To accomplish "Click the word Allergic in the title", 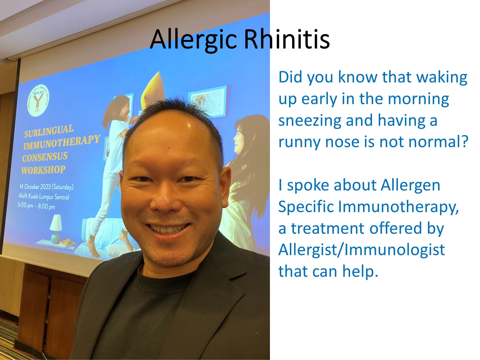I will point(194,39).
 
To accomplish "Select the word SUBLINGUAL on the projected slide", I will point(49,131).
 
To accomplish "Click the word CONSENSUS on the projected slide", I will point(45,156).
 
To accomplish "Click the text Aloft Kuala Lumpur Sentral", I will point(44,196).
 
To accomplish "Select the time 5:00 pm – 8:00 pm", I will point(36,206).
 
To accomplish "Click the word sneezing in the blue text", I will point(309,120).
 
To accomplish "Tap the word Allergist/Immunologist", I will point(361,249).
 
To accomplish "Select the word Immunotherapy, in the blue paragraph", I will point(398,207).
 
